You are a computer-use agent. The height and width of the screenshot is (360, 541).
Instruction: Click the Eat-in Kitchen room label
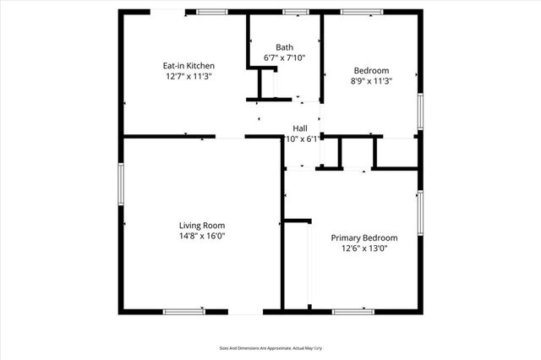[x=189, y=65]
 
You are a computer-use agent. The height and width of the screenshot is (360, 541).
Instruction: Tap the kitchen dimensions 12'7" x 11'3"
[x=189, y=76]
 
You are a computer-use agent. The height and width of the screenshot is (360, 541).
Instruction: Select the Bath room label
[x=284, y=47]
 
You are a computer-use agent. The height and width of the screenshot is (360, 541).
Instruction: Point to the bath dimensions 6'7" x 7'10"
[x=284, y=58]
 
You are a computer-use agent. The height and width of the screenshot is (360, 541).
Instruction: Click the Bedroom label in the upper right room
[x=371, y=70]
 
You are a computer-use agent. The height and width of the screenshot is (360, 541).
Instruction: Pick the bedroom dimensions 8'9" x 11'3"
[x=371, y=81]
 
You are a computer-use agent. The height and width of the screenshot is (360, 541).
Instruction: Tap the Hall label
[x=299, y=128]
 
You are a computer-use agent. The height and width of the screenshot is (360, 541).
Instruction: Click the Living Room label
[x=202, y=225]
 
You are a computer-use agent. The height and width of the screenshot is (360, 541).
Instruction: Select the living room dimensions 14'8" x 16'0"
[x=202, y=236]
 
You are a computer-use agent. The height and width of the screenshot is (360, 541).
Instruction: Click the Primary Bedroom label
[x=363, y=238]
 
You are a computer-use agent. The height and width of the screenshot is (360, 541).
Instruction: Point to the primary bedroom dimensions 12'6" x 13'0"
[x=363, y=249]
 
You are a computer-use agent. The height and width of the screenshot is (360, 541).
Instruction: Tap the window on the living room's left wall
[x=121, y=183]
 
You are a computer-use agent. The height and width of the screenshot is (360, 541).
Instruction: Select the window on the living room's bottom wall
[x=183, y=311]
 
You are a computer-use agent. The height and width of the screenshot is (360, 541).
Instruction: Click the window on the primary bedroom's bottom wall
[x=352, y=311]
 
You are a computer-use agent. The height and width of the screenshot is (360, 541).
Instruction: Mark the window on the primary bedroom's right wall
[x=419, y=211]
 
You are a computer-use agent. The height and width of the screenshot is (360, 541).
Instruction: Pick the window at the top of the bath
[x=295, y=12]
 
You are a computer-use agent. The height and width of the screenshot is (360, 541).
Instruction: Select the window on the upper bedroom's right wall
[x=419, y=112]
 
